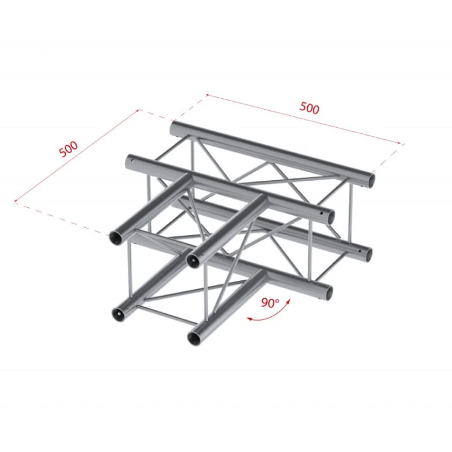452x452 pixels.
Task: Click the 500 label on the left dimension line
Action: click(x=69, y=149)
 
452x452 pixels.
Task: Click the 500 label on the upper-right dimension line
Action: click(x=309, y=108)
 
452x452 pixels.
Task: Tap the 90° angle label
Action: click(x=270, y=303)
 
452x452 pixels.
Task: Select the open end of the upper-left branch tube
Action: click(x=116, y=238)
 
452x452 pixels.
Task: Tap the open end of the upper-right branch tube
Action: click(x=193, y=261)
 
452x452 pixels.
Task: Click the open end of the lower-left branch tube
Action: click(x=118, y=314)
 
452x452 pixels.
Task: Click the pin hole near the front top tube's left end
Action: click(x=133, y=160)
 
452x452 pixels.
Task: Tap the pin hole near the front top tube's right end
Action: click(x=321, y=213)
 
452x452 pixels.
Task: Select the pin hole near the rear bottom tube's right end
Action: click(x=359, y=251)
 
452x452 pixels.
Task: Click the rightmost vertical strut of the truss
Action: click(x=352, y=213)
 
